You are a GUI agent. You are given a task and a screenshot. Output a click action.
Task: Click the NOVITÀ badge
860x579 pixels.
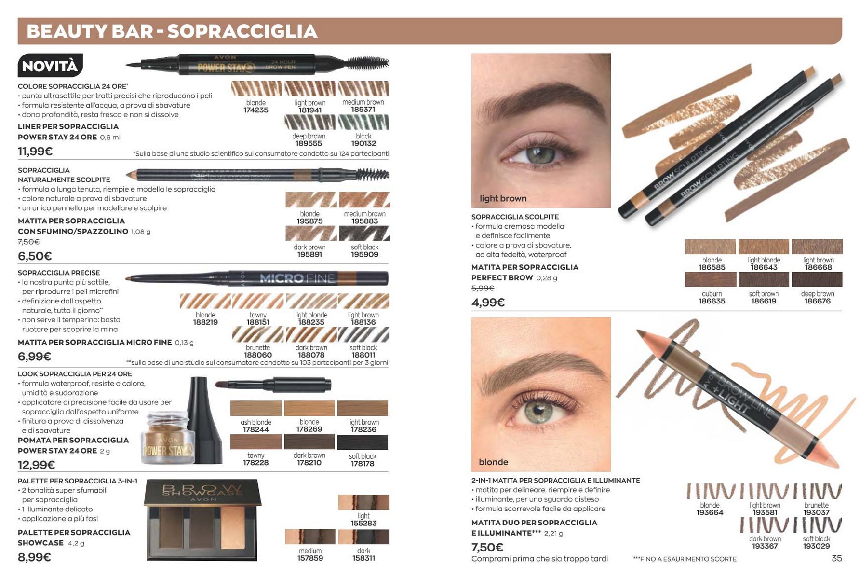point(50,65)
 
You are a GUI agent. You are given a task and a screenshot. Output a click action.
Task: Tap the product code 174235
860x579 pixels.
point(256,110)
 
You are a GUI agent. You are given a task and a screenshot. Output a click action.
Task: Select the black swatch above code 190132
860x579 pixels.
point(363,122)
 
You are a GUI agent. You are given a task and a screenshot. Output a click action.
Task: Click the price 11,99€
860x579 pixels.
point(35,152)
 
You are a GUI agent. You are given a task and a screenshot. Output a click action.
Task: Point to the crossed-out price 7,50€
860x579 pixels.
point(28,242)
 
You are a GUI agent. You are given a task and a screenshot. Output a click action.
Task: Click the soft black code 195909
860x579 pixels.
point(364,254)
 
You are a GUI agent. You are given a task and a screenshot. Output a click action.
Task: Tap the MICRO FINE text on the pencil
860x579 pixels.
point(297,278)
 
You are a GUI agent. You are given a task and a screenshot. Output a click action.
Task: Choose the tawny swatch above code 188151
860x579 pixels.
point(258,301)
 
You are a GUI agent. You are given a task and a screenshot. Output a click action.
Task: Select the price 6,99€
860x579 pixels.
point(34,357)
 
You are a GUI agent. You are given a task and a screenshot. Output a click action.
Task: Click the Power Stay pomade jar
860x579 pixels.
point(168,438)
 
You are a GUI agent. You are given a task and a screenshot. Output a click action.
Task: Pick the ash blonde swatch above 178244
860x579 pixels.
point(256,408)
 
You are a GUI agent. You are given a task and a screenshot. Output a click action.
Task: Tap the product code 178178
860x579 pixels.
point(363,464)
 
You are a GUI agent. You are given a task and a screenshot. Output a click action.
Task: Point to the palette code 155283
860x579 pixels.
point(363,523)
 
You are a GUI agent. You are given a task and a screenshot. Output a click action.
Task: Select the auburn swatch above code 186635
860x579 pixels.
point(711,280)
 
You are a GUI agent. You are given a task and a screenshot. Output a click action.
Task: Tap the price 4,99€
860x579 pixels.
point(488,303)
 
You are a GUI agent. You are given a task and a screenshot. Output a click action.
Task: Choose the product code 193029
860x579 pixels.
point(816,546)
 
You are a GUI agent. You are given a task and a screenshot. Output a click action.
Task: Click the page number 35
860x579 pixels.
point(837,558)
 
